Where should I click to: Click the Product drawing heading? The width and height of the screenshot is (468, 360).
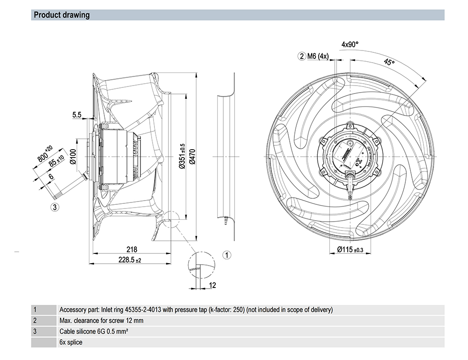[x=62, y=15]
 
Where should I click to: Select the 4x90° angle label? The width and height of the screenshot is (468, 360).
[x=350, y=44]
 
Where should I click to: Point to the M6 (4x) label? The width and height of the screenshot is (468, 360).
[x=318, y=57]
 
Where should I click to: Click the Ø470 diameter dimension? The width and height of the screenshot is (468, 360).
[x=191, y=159]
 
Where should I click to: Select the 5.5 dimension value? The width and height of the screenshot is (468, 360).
[x=77, y=114]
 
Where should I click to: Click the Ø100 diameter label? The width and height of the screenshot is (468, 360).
[x=73, y=157]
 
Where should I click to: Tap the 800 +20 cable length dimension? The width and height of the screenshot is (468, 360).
[x=45, y=155]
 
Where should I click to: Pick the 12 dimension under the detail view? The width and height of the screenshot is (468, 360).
[x=212, y=285]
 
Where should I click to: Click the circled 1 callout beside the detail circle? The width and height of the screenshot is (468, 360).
[x=227, y=255]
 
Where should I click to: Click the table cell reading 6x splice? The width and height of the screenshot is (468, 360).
[x=71, y=342]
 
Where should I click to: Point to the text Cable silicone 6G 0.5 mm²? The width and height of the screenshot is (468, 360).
[x=94, y=331]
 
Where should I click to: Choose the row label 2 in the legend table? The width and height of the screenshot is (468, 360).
[x=35, y=321]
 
